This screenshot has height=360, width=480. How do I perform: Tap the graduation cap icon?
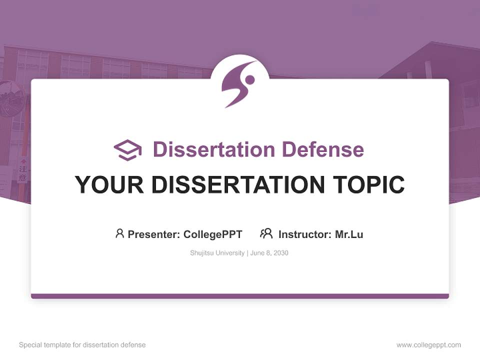click(127, 150)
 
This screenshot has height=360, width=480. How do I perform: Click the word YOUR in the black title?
click(109, 184)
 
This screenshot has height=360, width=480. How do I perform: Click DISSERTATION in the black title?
click(238, 184)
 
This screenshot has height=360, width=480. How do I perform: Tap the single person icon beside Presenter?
click(119, 233)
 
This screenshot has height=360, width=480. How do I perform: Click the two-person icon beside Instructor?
click(266, 233)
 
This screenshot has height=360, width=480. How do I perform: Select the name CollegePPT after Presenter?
click(212, 234)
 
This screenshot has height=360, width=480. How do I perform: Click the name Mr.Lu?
click(349, 234)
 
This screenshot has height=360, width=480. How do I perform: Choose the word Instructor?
click(305, 234)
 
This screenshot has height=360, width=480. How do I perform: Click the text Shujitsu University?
click(217, 253)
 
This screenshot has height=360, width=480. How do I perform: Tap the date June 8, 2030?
click(269, 253)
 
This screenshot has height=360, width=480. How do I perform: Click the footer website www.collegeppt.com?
click(428, 345)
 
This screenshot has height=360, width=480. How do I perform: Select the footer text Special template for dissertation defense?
click(82, 345)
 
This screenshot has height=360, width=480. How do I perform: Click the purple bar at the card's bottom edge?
click(240, 296)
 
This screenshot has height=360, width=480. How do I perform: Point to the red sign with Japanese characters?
click(22, 170)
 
